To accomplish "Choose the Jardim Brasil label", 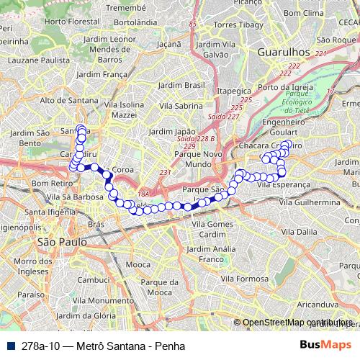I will pyautogui.click(x=181, y=85).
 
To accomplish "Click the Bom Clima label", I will pyautogui.click(x=303, y=14).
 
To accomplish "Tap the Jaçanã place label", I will pyautogui.click(x=168, y=44).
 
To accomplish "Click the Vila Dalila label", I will pyautogui.click(x=299, y=233).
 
